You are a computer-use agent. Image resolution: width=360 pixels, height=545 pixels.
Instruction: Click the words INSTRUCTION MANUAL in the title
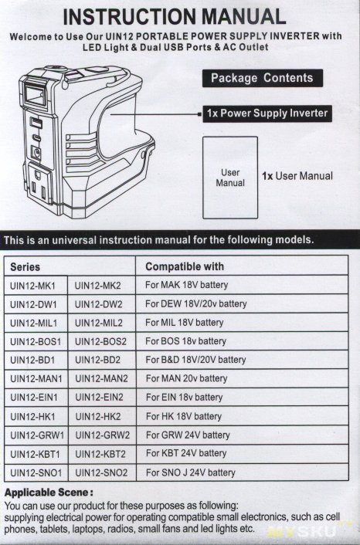tap(175, 16)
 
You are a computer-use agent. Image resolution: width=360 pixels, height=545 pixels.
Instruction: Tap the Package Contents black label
tap(262, 78)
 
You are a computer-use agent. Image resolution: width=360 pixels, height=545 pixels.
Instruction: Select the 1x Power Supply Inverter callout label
tap(267, 113)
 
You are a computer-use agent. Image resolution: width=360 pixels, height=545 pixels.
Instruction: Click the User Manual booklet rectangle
tap(230, 178)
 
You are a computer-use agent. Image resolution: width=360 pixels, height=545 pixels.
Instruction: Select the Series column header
tap(25, 267)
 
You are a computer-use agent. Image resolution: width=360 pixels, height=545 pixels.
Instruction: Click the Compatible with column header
tap(185, 266)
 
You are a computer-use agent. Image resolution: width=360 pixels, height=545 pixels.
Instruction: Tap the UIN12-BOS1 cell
tap(36, 342)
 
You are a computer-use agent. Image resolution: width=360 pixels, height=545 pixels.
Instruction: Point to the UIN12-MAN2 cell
tap(101, 378)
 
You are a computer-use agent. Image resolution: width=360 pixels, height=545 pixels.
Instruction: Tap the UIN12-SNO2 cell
tap(101, 472)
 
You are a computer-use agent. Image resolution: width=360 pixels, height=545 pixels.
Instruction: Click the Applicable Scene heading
tap(49, 493)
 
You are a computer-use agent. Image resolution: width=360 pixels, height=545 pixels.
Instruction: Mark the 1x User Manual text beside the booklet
tap(297, 176)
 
